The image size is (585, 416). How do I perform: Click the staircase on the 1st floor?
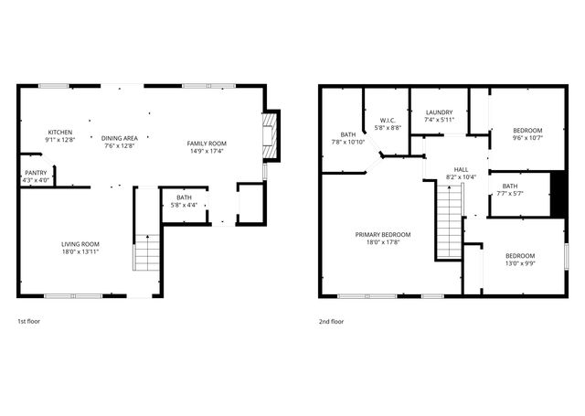click(147, 253)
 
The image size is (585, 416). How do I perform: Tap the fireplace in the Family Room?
click(270, 131)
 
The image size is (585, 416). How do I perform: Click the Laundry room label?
click(439, 115)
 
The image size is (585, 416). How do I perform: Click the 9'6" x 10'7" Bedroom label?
click(527, 134)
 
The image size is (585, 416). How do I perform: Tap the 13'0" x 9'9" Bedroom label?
click(520, 259)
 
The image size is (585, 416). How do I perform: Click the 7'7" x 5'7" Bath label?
click(509, 189)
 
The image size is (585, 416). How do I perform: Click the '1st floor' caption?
click(29, 322)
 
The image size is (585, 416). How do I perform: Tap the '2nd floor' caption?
click(331, 322)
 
